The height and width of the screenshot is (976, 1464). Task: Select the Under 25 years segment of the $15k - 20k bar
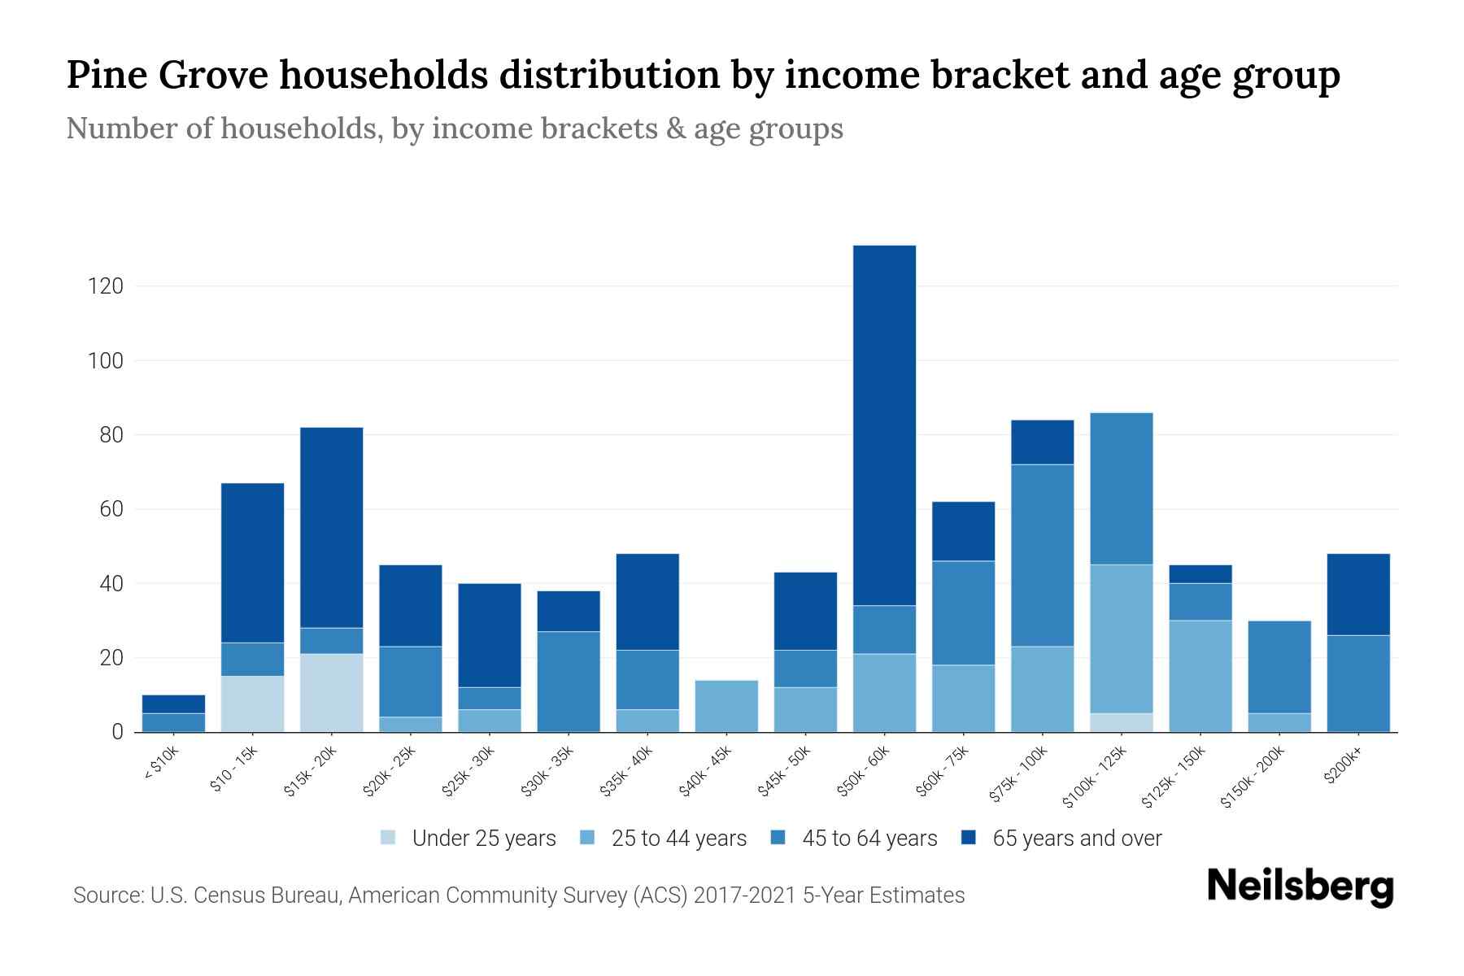click(331, 692)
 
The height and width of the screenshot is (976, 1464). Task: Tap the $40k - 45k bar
click(726, 706)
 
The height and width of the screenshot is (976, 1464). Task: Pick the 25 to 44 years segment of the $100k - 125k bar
click(1122, 638)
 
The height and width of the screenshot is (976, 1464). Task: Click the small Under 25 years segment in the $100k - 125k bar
click(1122, 722)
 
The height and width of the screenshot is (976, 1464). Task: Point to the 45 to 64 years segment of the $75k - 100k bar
click(1042, 555)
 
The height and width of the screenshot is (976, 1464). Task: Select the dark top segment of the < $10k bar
click(173, 704)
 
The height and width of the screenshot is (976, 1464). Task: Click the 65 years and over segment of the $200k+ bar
click(1358, 594)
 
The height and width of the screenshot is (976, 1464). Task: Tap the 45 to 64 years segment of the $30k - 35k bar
click(569, 681)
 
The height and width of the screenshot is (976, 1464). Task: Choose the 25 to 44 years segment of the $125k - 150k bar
click(1200, 675)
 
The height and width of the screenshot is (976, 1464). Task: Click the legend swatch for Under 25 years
click(388, 838)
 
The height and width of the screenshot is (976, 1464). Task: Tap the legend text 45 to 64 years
click(869, 838)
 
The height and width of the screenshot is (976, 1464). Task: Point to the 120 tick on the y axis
click(106, 286)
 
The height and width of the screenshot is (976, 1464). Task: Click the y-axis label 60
click(111, 509)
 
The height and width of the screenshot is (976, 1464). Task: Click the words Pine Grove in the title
click(168, 75)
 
